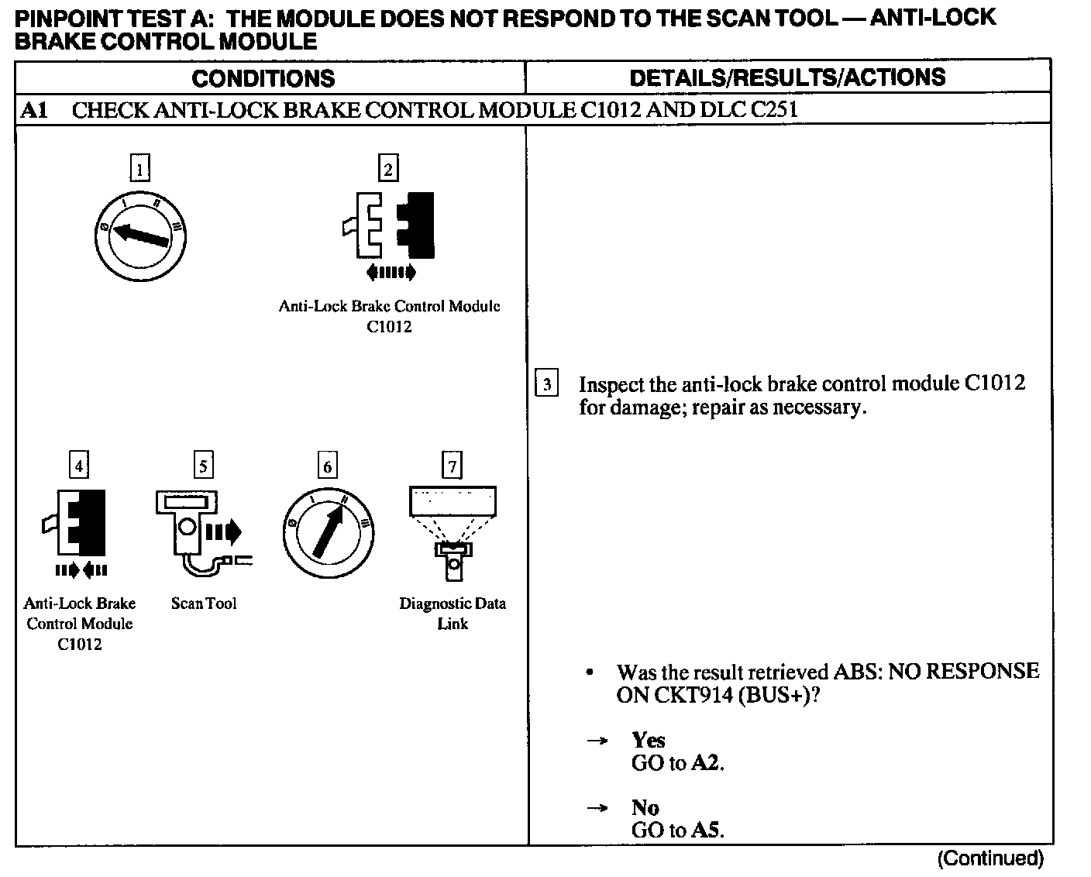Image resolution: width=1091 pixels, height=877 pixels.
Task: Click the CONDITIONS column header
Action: [x=263, y=78]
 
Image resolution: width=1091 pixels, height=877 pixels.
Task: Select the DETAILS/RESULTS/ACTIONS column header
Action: [x=787, y=77]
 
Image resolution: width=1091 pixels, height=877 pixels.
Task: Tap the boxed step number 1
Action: [x=139, y=168]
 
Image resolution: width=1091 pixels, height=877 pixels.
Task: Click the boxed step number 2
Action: [x=387, y=168]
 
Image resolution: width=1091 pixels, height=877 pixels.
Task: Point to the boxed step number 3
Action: [x=546, y=383]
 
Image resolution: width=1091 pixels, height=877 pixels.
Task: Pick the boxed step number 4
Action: [x=78, y=466]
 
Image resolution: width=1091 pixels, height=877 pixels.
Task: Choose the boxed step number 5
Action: [x=203, y=466]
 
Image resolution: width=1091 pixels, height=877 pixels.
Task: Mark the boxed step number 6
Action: [x=327, y=466]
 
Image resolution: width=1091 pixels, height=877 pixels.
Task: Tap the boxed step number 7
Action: [x=452, y=466]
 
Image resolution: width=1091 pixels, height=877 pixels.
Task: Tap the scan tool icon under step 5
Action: [x=198, y=531]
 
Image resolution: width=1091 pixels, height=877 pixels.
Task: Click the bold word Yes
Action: [x=649, y=740]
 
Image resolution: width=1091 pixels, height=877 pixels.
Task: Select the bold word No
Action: [x=645, y=807]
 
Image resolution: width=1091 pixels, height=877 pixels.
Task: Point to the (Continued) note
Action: [x=990, y=858]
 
